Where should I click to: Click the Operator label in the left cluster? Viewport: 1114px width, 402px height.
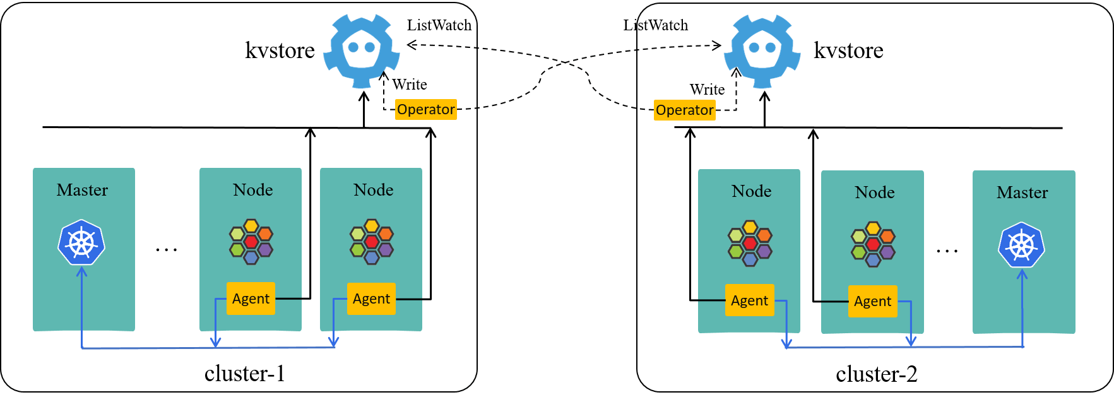pyautogui.click(x=425, y=109)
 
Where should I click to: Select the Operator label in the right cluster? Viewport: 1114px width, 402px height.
pyautogui.click(x=684, y=110)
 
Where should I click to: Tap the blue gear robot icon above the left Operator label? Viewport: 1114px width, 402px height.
pyautogui.click(x=361, y=50)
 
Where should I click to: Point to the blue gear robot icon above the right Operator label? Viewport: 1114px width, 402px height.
pyautogui.click(x=762, y=50)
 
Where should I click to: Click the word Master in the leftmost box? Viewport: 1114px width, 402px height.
pyautogui.click(x=82, y=190)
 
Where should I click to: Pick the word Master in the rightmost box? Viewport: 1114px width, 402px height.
pyautogui.click(x=1022, y=192)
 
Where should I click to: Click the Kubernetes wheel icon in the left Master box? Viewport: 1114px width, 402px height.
pyautogui.click(x=81, y=242)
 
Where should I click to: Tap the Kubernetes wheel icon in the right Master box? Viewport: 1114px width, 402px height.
pyautogui.click(x=1021, y=245)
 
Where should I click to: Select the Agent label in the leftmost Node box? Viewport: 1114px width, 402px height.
pyautogui.click(x=251, y=299)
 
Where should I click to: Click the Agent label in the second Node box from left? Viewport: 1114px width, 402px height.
pyautogui.click(x=371, y=299)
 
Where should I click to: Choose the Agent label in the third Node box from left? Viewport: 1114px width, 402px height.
pyautogui.click(x=749, y=300)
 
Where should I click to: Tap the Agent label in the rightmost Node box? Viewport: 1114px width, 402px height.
pyautogui.click(x=872, y=301)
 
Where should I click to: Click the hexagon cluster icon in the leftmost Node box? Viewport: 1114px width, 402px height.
pyautogui.click(x=251, y=242)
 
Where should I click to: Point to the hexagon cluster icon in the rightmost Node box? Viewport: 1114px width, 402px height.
pyautogui.click(x=873, y=244)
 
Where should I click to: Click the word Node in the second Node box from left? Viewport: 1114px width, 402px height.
pyautogui.click(x=374, y=190)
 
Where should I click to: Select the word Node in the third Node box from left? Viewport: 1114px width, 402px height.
pyautogui.click(x=751, y=191)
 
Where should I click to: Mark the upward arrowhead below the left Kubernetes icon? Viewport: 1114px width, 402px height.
pyautogui.click(x=81, y=271)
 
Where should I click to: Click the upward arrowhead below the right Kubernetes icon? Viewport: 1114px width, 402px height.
pyautogui.click(x=1022, y=274)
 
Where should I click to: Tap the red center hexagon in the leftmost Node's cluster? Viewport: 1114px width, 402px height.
pyautogui.click(x=251, y=242)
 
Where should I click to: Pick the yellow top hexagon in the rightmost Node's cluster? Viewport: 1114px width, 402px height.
pyautogui.click(x=873, y=228)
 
